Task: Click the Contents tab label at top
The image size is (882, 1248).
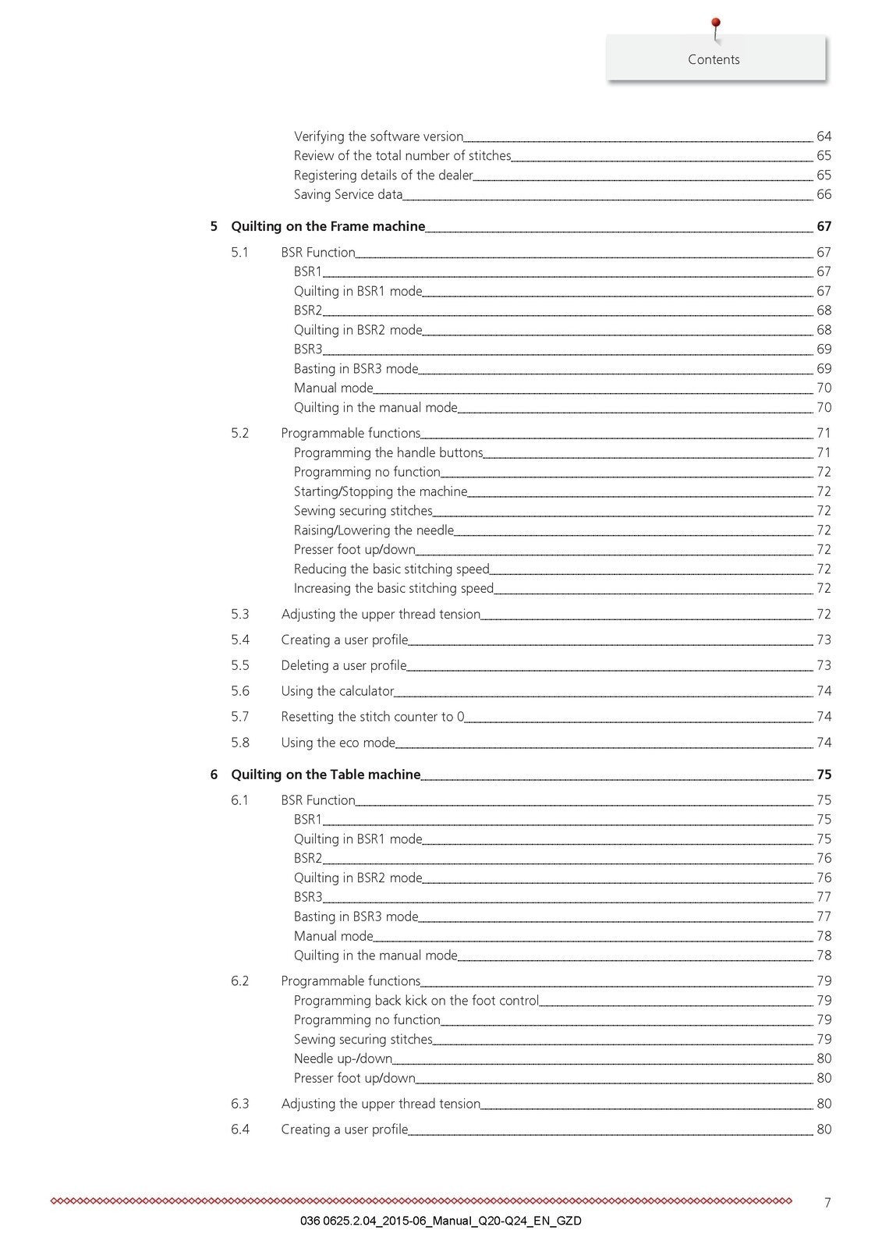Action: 714,59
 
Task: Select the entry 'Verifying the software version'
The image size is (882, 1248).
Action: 378,136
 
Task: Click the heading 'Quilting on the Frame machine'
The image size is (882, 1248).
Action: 328,226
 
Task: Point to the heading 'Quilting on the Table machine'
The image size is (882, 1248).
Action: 325,775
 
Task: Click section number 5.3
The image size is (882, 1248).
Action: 240,614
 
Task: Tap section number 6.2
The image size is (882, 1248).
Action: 240,980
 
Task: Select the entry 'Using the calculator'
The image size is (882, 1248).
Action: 337,691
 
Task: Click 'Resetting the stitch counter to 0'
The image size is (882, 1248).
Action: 372,717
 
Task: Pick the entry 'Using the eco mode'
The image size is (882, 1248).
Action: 338,743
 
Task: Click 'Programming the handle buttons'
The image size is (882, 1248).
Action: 388,452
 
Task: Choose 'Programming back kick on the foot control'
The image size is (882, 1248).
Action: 416,1000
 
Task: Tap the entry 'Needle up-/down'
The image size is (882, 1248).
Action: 343,1058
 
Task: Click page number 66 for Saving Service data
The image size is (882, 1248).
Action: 824,195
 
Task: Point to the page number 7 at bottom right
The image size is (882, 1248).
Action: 827,1203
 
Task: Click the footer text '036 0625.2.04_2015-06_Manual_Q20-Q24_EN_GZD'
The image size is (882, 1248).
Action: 440,1221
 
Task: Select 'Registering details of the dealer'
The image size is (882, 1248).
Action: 383,175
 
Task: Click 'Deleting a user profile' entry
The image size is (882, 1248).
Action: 343,665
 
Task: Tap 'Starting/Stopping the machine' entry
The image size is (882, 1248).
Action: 381,491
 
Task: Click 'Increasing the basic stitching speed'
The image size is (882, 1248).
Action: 394,588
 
